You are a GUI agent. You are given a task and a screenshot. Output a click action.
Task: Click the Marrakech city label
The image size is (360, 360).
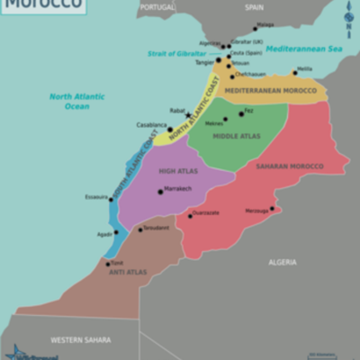pyautogui.click(x=178, y=189)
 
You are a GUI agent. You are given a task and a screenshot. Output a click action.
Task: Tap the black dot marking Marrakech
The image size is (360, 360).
pyautogui.click(x=160, y=191)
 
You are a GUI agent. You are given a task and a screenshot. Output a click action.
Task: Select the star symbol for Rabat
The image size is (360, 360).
pyautogui.click(x=187, y=115)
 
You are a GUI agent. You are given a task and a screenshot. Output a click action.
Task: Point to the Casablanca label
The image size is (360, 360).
pyautogui.click(x=150, y=125)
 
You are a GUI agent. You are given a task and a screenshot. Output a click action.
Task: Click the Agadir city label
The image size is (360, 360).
pyautogui.click(x=104, y=234)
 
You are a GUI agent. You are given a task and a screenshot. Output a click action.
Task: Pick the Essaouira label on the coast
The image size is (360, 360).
pyautogui.click(x=95, y=196)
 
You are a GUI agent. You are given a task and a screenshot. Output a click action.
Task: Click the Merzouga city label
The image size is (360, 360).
pyautogui.click(x=257, y=210)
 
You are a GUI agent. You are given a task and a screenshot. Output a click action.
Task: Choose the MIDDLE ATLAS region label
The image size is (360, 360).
pyautogui.click(x=237, y=136)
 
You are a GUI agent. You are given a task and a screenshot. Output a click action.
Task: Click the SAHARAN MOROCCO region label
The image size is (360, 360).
pyautogui.click(x=289, y=166)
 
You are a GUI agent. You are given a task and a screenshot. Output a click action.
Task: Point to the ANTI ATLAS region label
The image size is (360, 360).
pyautogui.click(x=127, y=272)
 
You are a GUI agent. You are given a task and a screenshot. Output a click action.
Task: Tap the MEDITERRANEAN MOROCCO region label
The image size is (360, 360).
pyautogui.click(x=270, y=91)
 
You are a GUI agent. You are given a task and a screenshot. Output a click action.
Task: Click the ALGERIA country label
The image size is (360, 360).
pyautogui.click(x=282, y=262)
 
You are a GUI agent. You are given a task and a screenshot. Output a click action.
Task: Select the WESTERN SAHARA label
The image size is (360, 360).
pyautogui.click(x=81, y=339)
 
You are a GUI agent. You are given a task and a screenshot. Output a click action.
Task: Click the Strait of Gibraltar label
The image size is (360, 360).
pyautogui.click(x=176, y=53)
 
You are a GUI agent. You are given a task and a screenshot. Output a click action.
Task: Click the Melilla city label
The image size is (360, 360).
pyautogui.click(x=304, y=68)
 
